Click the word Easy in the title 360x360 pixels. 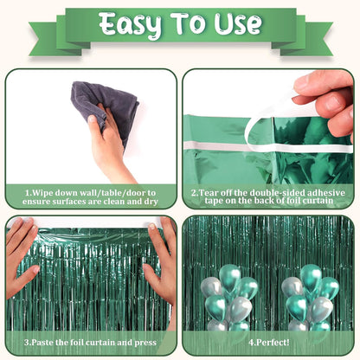click(x=131, y=25)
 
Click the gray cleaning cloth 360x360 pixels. click(x=105, y=107)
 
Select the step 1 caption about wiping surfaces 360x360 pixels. click(x=90, y=197)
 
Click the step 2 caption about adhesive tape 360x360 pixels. click(x=269, y=197)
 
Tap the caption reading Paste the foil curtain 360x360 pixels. click(x=90, y=343)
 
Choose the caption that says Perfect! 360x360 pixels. click(x=269, y=343)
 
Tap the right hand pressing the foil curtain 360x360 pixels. click(x=161, y=260)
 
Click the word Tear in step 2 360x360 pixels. click(x=208, y=192)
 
